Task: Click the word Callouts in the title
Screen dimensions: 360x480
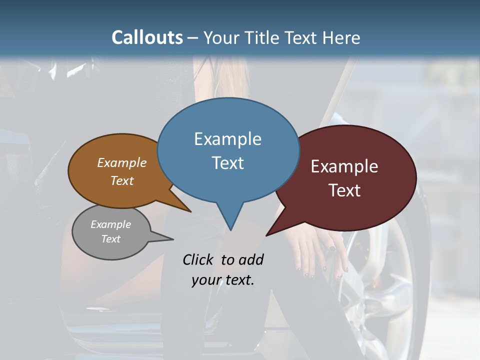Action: [x=147, y=37]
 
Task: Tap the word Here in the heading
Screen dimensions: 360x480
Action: [x=339, y=37]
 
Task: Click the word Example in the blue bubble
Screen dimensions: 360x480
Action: [x=227, y=139]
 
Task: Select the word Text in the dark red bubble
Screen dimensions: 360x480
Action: [x=345, y=190]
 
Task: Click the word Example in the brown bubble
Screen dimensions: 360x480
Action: [x=122, y=163]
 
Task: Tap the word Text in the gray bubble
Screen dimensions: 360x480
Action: [x=111, y=239]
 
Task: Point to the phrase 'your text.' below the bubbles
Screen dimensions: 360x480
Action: [x=223, y=280]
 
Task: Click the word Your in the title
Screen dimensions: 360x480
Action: [x=220, y=37]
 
